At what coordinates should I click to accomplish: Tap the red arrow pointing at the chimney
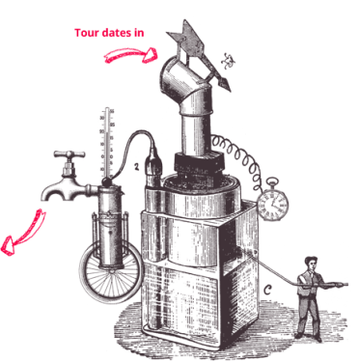click(130, 55)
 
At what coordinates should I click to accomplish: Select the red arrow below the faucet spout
click(22, 233)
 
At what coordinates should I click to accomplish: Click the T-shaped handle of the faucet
click(69, 155)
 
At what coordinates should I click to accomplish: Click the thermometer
click(107, 144)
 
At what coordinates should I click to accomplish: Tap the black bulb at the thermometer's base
click(105, 182)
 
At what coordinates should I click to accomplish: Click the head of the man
click(311, 263)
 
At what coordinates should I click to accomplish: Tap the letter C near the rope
click(267, 290)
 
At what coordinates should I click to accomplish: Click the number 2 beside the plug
click(137, 167)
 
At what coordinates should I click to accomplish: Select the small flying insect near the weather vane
click(228, 61)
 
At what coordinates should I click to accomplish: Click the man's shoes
click(308, 337)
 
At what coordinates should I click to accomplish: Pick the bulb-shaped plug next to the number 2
click(154, 167)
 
